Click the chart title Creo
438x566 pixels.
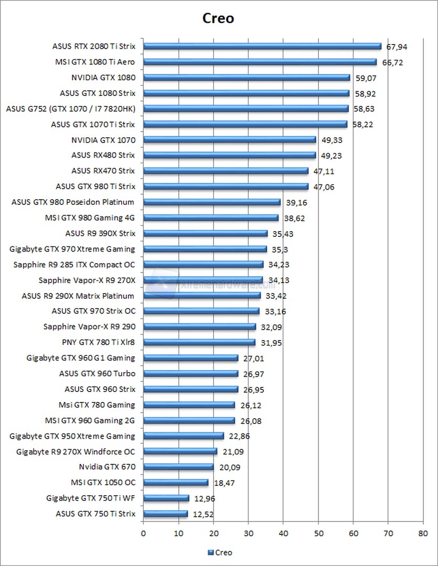(219, 18)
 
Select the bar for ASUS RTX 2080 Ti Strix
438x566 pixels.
(262, 46)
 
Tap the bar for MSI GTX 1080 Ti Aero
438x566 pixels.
(260, 62)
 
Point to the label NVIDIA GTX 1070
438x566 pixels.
(103, 140)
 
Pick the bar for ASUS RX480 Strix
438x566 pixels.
(229, 155)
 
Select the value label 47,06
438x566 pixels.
(324, 187)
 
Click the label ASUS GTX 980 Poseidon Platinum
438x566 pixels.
(73, 202)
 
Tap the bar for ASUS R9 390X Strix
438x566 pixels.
(205, 233)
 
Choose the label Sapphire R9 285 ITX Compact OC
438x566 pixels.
(74, 265)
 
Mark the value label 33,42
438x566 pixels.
(276, 296)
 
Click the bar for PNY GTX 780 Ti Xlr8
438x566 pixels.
(199, 342)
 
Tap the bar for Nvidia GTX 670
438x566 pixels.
(178, 467)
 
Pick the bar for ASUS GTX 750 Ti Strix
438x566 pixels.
(165, 514)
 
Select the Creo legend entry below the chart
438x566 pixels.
(220, 552)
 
